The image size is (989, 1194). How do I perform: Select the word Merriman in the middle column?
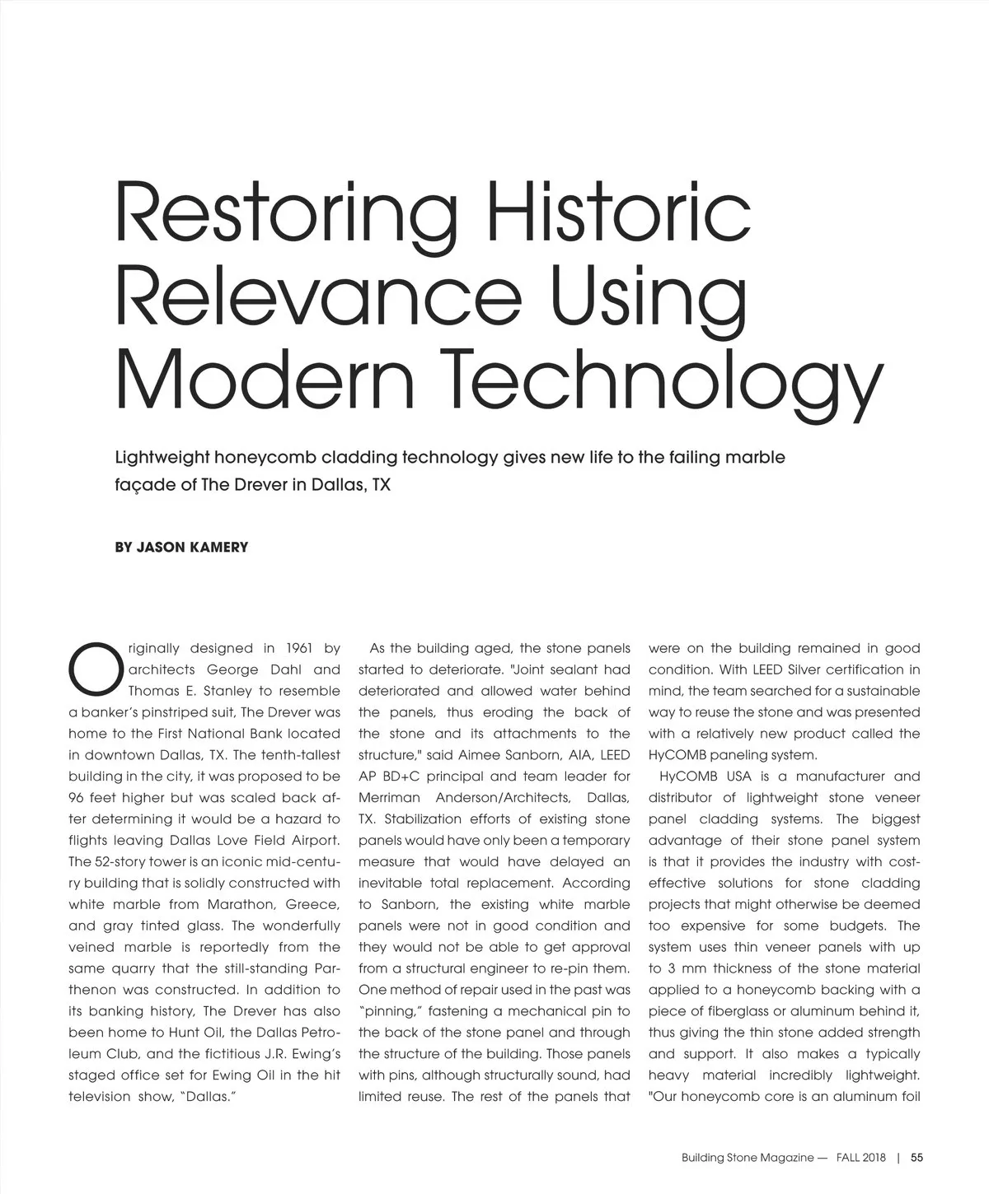point(388,798)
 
